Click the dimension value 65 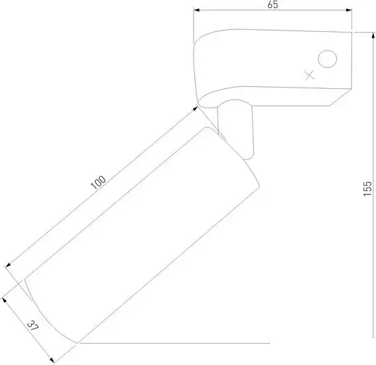tap(273, 5)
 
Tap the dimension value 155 tap(367, 188)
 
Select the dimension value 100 tap(98, 183)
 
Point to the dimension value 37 tap(32, 326)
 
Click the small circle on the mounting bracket tap(328, 59)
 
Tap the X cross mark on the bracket tap(310, 76)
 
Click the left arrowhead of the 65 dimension tap(197, 10)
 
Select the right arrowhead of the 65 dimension tap(349, 10)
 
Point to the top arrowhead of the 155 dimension tap(373, 35)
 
